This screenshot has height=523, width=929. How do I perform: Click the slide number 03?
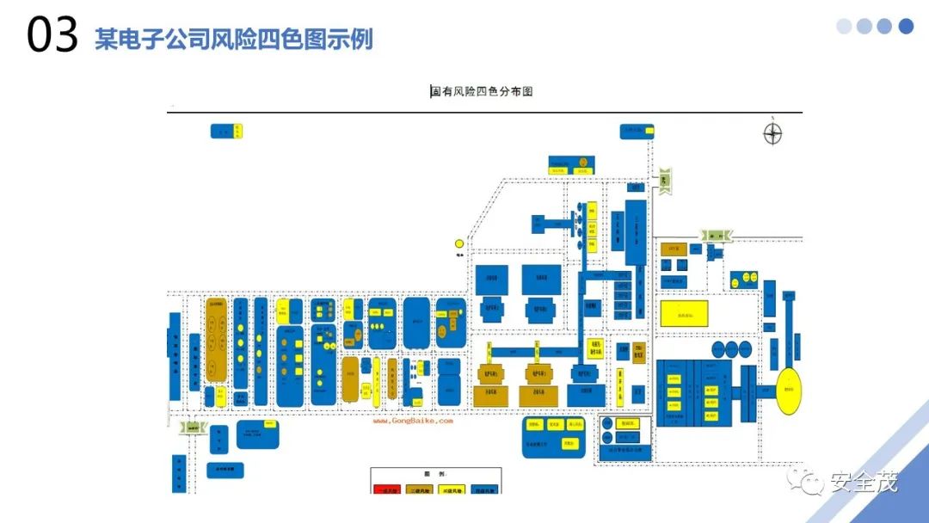click(x=52, y=37)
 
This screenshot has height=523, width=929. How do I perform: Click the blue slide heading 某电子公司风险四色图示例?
click(x=234, y=40)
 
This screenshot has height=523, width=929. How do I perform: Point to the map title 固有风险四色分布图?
click(x=482, y=91)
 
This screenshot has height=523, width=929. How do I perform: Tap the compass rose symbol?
click(x=773, y=134)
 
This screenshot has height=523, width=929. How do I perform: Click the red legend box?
click(x=387, y=489)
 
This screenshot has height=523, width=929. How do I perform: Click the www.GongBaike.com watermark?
click(x=412, y=421)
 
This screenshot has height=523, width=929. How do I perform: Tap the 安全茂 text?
click(x=863, y=483)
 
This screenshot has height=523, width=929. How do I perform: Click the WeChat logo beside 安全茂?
click(x=809, y=483)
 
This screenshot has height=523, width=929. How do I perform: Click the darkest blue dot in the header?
click(x=906, y=27)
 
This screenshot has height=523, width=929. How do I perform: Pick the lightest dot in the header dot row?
click(x=844, y=27)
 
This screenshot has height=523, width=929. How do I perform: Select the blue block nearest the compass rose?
click(x=637, y=131)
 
